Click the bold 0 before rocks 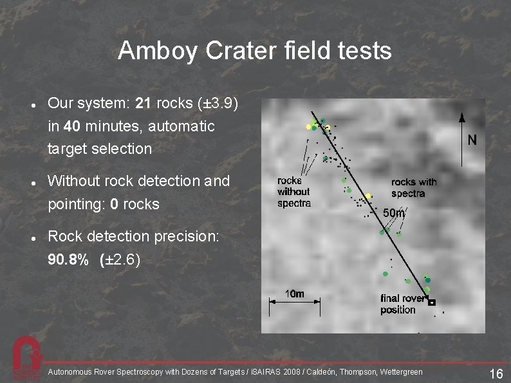pyautogui.click(x=114, y=205)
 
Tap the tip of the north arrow pyautogui.click(x=461, y=115)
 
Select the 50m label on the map pyautogui.click(x=394, y=213)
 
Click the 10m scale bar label pyautogui.click(x=294, y=294)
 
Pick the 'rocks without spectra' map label pyautogui.click(x=293, y=192)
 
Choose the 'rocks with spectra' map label pyautogui.click(x=413, y=187)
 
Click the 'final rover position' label pyautogui.click(x=402, y=304)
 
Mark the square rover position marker pyautogui.click(x=432, y=302)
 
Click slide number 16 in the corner pyautogui.click(x=495, y=373)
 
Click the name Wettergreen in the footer pyautogui.click(x=402, y=372)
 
